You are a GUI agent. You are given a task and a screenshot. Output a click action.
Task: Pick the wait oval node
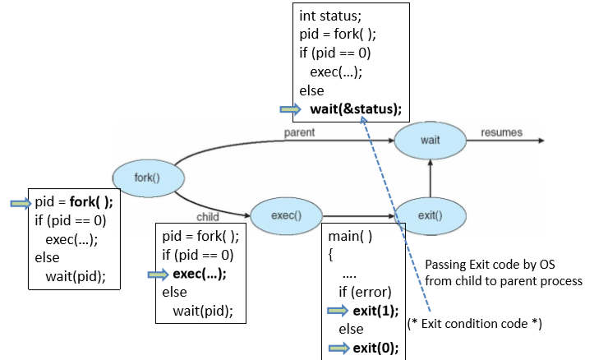430,140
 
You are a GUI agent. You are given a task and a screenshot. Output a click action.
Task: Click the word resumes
501,132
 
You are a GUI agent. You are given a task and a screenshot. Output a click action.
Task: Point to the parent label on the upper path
299,132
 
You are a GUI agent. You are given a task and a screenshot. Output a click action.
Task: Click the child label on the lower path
206,217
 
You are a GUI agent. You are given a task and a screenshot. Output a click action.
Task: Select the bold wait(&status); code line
356,108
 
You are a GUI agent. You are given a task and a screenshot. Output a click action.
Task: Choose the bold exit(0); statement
375,347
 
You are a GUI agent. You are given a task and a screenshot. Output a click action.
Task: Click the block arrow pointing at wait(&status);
292,108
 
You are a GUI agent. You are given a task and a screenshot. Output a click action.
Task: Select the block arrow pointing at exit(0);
338,347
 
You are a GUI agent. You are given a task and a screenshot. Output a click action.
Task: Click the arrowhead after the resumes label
540,141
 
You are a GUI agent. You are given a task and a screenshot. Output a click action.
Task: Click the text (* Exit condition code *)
474,324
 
